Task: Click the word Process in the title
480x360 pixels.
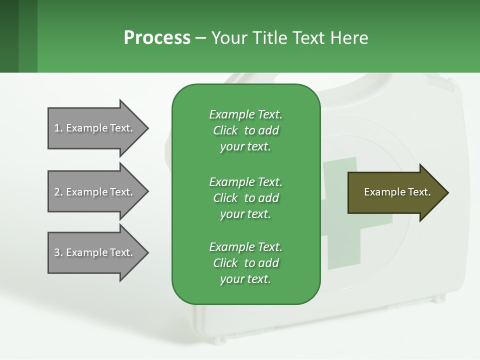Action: (157, 38)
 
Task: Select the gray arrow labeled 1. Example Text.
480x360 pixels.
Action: (95, 128)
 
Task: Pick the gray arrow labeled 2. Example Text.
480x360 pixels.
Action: (95, 192)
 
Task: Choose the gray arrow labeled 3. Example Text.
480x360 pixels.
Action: (95, 252)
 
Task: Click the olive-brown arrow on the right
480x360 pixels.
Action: (395, 192)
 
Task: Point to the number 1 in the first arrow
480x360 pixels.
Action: (57, 128)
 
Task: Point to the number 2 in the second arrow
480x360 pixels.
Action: (57, 192)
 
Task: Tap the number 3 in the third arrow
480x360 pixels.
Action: (57, 252)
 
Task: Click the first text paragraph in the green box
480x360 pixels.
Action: (245, 130)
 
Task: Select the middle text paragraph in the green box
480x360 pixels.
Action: (245, 198)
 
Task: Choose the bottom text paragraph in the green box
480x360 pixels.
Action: (245, 263)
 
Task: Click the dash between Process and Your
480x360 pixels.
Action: (200, 38)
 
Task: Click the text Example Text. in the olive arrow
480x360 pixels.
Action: (397, 192)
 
